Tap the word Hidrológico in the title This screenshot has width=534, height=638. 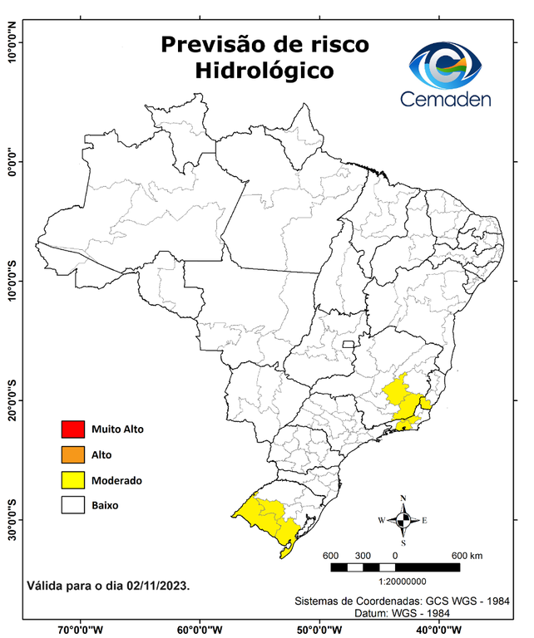(265, 71)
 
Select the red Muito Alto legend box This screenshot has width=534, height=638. (73, 429)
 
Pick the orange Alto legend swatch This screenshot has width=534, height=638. (73, 454)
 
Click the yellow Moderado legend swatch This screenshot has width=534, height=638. (73, 479)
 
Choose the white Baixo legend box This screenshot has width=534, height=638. (73, 504)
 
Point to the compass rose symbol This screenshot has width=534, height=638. (403, 521)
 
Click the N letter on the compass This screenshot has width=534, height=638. (403, 498)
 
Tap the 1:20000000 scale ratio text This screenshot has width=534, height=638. (403, 582)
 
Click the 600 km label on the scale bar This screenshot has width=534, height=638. (468, 555)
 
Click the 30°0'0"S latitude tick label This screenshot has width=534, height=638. (12, 520)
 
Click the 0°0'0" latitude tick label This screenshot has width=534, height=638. (12, 162)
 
